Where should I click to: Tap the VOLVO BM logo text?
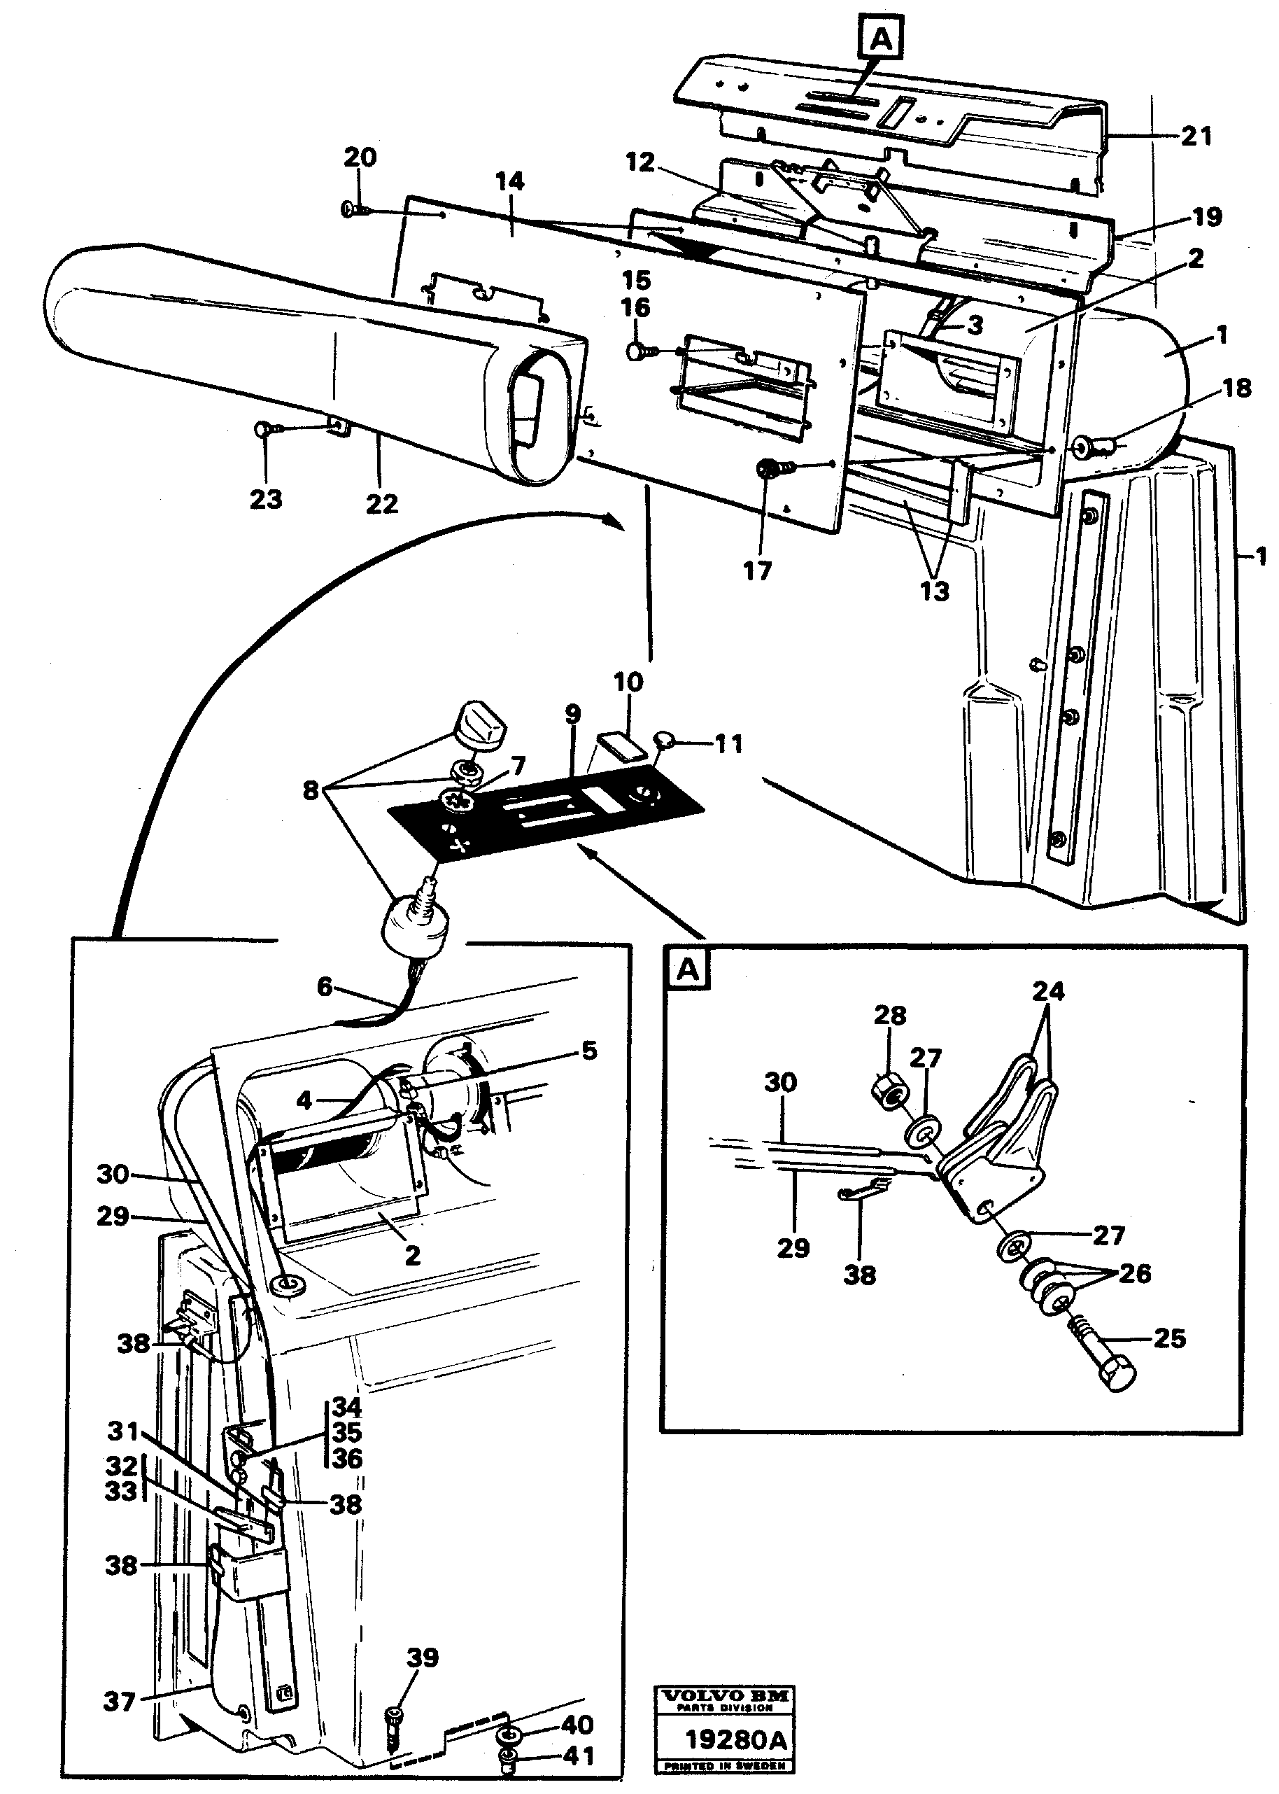726,1696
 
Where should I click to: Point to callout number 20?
360,157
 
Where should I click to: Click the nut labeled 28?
889,1091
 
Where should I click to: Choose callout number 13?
934,590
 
